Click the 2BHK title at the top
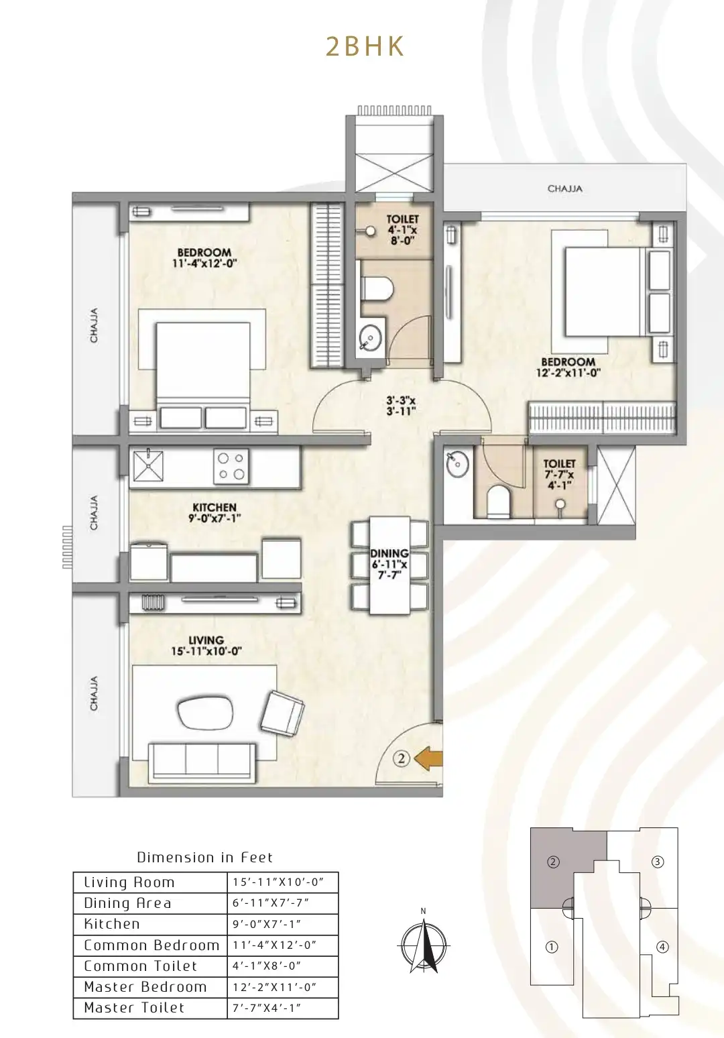pos(365,47)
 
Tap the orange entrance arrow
pos(428,759)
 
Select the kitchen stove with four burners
pos(231,466)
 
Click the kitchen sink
pos(148,466)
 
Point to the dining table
pos(389,565)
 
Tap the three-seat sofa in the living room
pos(202,762)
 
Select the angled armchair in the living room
pos(282,713)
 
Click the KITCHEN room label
pos(215,508)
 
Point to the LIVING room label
pos(206,640)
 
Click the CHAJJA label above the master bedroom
pos(564,188)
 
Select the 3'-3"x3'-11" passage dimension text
pos(401,406)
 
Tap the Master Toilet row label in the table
pos(134,1007)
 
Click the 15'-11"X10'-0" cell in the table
pos(278,882)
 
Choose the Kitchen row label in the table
pos(112,923)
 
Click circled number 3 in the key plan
pos(657,862)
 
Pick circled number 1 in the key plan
pos(551,947)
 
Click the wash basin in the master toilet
pos(458,463)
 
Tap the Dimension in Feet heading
pos(204,857)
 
